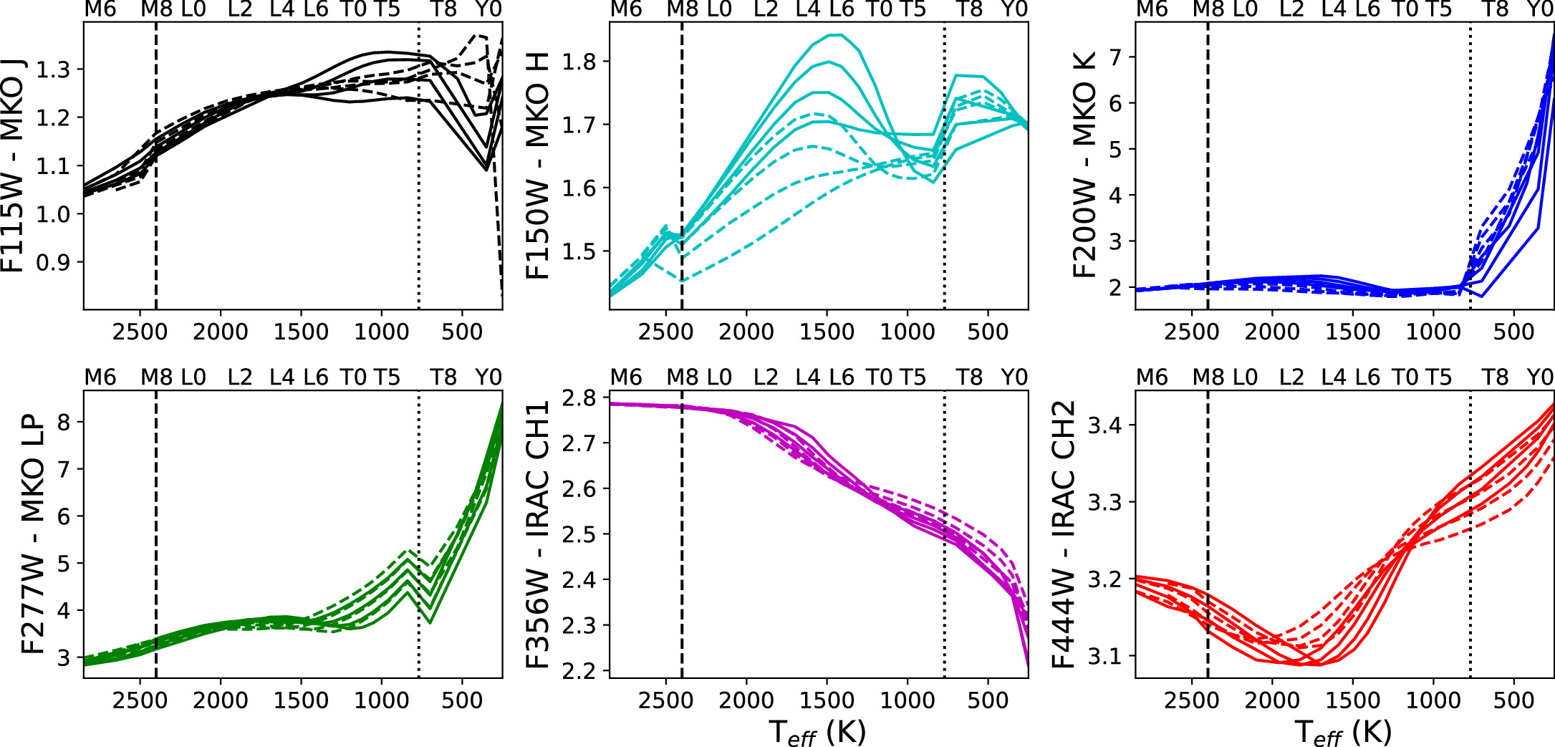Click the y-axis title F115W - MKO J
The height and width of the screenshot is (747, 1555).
pyautogui.click(x=13, y=166)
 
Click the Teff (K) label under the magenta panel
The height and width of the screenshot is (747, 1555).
pyautogui.click(x=817, y=732)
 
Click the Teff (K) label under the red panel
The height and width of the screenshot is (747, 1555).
pyautogui.click(x=1343, y=732)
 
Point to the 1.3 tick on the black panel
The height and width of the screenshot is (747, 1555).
pyautogui.click(x=53, y=69)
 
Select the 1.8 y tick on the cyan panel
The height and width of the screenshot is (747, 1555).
pyautogui.click(x=579, y=62)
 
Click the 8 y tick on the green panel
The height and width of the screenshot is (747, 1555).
pyautogui.click(x=64, y=422)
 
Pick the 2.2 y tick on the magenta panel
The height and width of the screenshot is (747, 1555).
pyautogui.click(x=579, y=671)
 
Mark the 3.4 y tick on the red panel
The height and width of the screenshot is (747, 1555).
pyautogui.click(x=1104, y=425)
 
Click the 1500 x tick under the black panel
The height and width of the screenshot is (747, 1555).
pyautogui.click(x=301, y=332)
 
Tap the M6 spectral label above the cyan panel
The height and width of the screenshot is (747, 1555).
pyautogui.click(x=626, y=9)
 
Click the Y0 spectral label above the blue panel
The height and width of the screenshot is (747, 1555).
pyautogui.click(x=1540, y=9)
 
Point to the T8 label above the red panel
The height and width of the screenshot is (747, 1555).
pyautogui.click(x=1495, y=377)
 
